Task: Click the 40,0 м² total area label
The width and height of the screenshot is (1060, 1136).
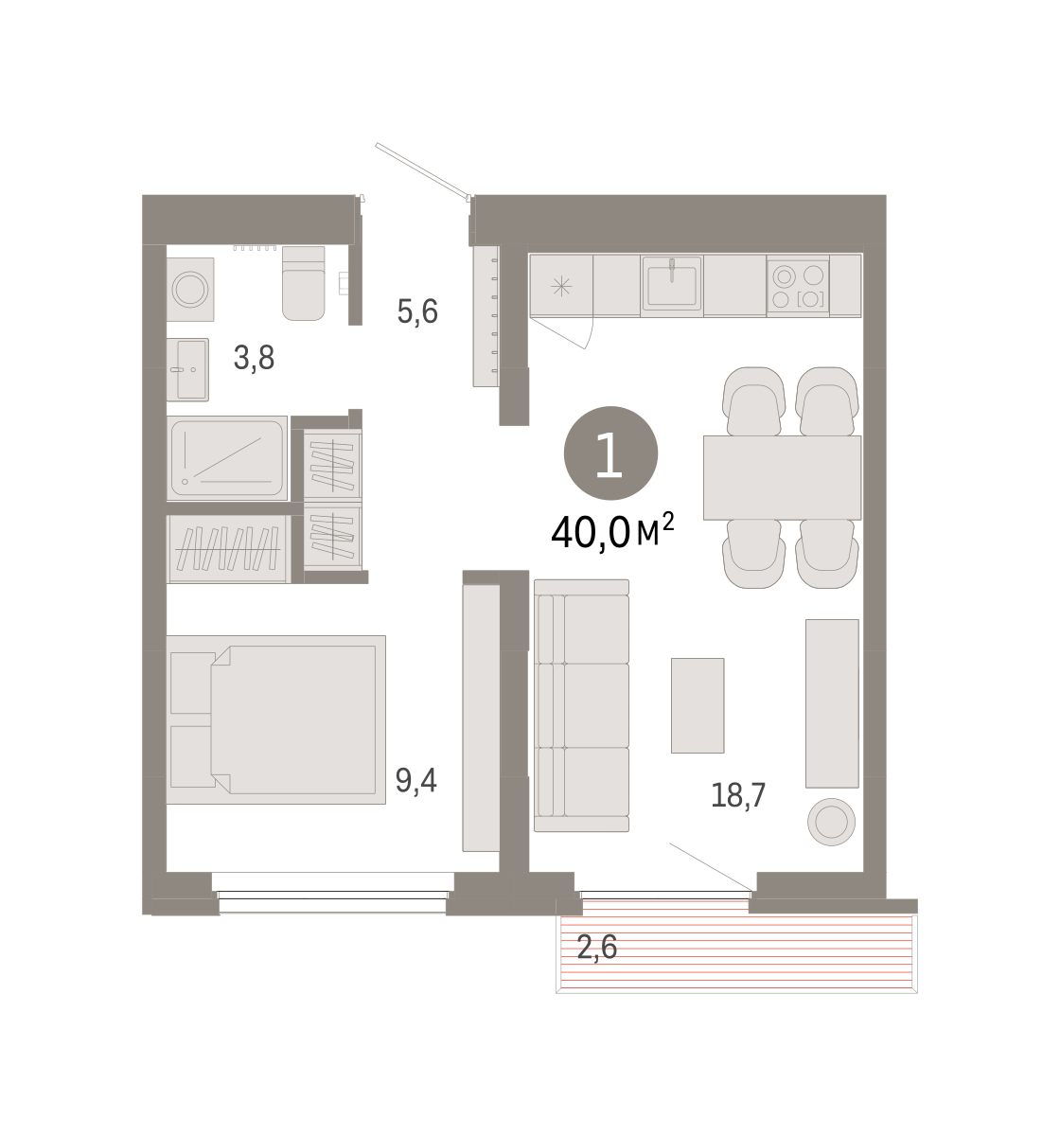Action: [612, 531]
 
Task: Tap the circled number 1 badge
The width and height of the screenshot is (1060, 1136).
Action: [610, 453]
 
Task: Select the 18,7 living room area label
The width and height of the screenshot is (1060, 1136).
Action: [737, 795]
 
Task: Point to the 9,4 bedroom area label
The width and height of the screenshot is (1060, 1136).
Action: [415, 780]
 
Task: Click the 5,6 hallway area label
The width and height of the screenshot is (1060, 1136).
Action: [417, 311]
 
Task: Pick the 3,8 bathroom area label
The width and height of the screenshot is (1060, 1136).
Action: [254, 358]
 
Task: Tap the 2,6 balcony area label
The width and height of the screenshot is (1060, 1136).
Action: [596, 948]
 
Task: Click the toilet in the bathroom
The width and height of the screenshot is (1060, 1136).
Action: [303, 283]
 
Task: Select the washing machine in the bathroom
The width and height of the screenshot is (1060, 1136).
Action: [190, 290]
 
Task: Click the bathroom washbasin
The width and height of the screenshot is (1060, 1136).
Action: [187, 369]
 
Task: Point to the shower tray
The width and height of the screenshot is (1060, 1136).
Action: [227, 458]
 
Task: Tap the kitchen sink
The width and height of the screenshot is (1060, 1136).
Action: [672, 283]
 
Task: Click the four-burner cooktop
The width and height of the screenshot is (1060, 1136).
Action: [798, 286]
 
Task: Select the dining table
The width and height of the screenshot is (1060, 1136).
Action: [782, 478]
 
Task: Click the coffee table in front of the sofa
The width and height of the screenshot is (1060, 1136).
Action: [698, 705]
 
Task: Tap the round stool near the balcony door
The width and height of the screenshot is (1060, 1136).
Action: [831, 822]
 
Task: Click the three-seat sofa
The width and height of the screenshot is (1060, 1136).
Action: [581, 705]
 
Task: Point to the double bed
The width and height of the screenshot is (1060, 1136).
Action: [275, 719]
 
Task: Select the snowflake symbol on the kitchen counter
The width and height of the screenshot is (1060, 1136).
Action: [561, 286]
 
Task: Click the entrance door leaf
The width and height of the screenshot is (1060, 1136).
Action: [422, 169]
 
